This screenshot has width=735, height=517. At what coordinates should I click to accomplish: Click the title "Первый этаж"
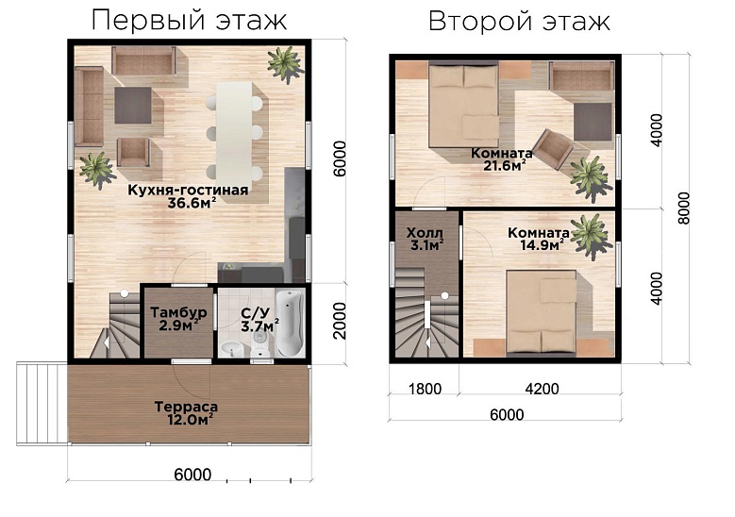click(189, 20)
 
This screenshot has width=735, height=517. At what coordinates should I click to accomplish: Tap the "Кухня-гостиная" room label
click(188, 190)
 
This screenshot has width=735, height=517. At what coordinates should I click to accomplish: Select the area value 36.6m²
click(189, 203)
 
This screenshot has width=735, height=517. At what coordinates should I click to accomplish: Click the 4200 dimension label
click(538, 387)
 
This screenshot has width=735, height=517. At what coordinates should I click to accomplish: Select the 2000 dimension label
click(342, 322)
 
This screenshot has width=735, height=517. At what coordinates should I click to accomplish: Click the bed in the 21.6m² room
click(465, 103)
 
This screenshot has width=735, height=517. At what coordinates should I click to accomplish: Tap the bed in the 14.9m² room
click(541, 308)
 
